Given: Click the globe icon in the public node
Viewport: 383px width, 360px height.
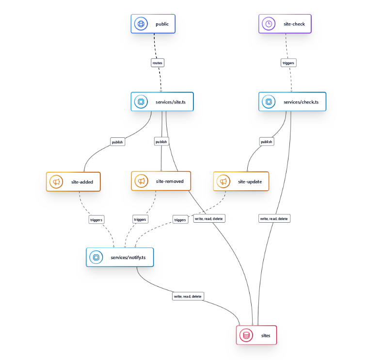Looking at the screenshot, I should (141, 24).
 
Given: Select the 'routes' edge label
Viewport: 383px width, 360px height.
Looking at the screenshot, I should (158, 63).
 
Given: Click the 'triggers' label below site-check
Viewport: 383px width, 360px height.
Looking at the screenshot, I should (288, 63).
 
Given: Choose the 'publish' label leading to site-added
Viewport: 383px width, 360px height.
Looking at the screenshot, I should (117, 142).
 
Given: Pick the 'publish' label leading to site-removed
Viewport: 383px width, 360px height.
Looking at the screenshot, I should (161, 142).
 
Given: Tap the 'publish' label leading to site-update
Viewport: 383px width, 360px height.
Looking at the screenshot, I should (266, 142).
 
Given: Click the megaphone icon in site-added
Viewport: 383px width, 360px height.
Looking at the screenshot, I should (56, 182).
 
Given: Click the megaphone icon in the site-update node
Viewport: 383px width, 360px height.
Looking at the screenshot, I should (223, 181).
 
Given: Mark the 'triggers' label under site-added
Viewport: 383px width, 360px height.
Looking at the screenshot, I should (96, 219).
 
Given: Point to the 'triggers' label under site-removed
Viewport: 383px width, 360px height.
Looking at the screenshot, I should (140, 219).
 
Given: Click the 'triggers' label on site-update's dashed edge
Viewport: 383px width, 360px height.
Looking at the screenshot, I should (180, 220).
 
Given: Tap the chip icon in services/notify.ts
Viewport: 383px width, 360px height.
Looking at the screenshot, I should (96, 257).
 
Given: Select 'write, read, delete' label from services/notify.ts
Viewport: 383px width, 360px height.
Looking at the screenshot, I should (188, 296).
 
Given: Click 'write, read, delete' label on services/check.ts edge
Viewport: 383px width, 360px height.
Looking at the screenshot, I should (274, 219).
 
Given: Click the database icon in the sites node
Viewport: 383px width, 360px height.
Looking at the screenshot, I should (246, 335).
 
